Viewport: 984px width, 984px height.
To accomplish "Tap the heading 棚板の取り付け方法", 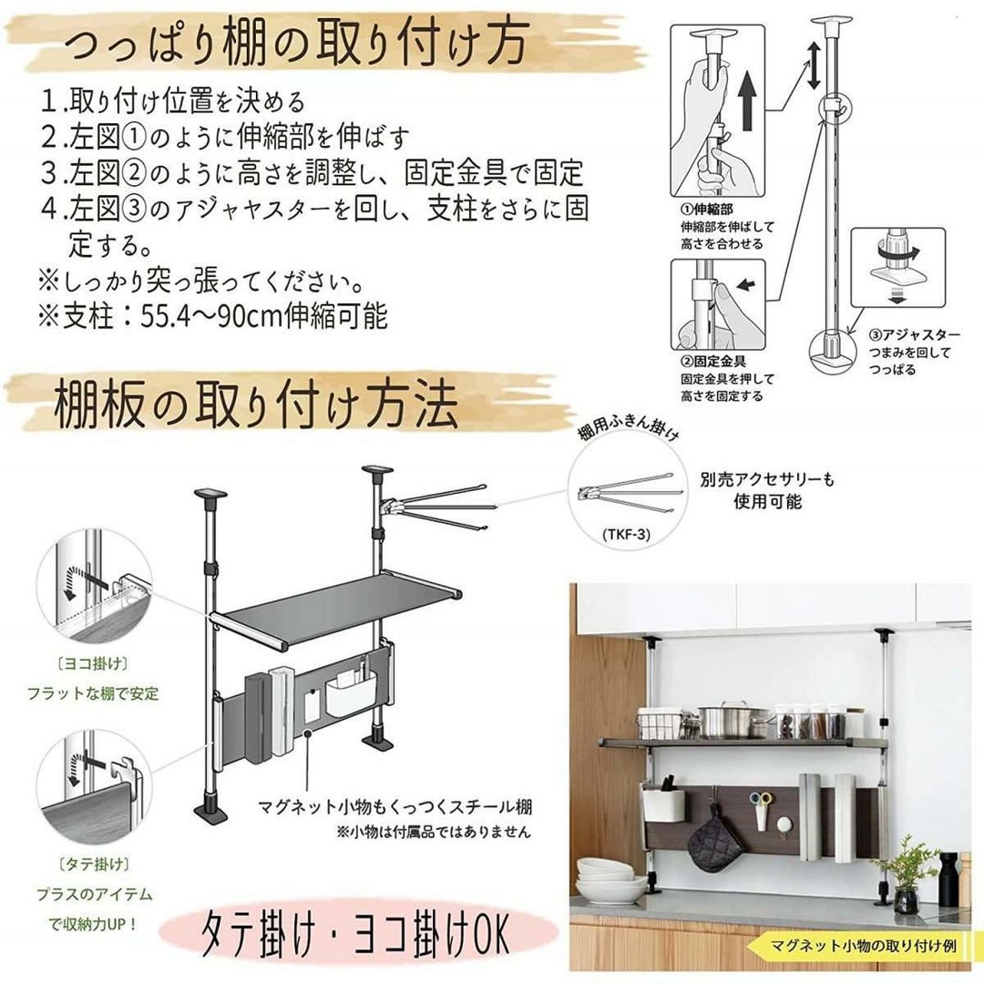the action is point(255,406).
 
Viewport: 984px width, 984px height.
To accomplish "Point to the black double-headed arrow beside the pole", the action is point(814,66).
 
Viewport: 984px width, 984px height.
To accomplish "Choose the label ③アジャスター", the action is point(915,335).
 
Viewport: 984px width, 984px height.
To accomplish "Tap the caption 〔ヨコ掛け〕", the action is point(93,663).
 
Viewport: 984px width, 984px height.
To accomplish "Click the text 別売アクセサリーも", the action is point(767,481).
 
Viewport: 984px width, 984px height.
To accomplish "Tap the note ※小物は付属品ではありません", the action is point(434,832).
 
